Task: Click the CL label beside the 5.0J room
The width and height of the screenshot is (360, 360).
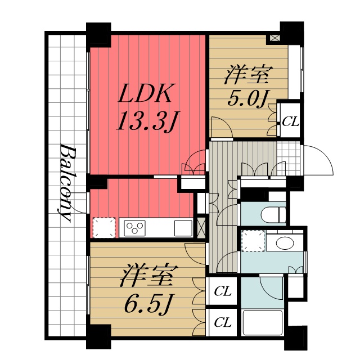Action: click(x=290, y=121)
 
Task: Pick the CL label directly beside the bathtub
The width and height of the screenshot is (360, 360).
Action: click(x=223, y=322)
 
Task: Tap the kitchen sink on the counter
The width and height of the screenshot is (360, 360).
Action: click(x=183, y=228)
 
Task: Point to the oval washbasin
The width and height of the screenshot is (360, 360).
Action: click(x=284, y=243)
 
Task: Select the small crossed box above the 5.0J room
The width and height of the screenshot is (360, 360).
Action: click(x=275, y=38)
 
